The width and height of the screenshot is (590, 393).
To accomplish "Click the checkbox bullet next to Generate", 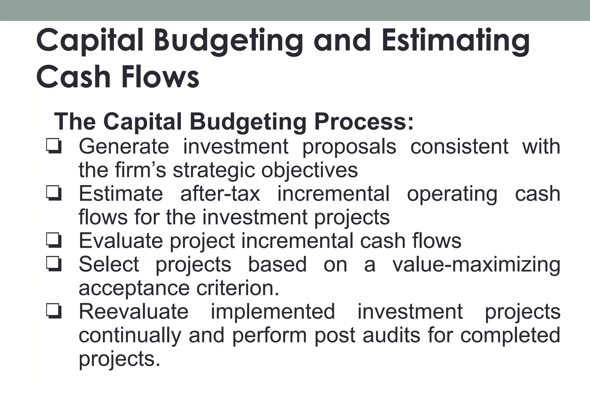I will pyautogui.click(x=53, y=146).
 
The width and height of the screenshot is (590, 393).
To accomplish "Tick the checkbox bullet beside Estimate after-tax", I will pyautogui.click(x=53, y=194).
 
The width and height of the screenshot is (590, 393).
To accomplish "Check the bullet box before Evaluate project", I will pyautogui.click(x=53, y=241).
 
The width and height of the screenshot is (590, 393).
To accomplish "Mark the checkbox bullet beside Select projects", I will pyautogui.click(x=53, y=264).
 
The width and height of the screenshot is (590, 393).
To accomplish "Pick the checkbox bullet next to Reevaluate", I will pyautogui.click(x=53, y=312).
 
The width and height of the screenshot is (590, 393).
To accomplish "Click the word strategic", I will pyautogui.click(x=214, y=171).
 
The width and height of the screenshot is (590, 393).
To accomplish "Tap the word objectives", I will pyautogui.click(x=309, y=171).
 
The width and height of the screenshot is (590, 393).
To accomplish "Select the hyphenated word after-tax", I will pyautogui.click(x=220, y=194).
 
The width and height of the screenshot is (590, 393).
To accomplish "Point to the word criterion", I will pyautogui.click(x=238, y=288).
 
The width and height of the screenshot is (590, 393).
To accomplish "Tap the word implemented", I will pyautogui.click(x=273, y=312).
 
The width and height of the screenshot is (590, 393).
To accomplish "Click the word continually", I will pyautogui.click(x=130, y=336).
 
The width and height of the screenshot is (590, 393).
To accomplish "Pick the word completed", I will pyautogui.click(x=510, y=336).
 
